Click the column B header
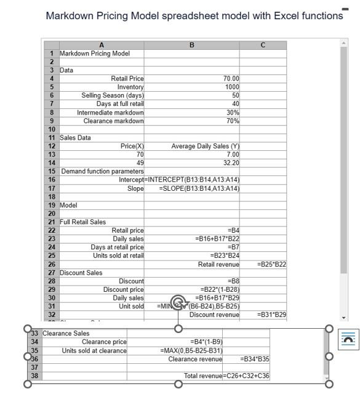(191, 45)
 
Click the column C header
(263, 45)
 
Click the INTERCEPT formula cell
(191, 180)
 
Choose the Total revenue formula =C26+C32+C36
(247, 376)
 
